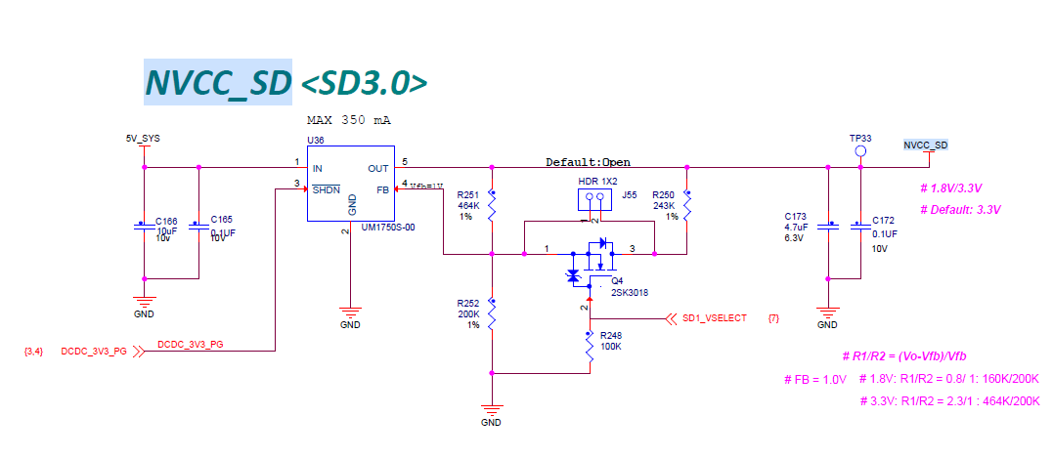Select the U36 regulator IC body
350,185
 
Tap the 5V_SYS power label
143,139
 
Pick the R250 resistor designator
664,195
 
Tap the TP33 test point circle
860,152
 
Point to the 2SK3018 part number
630,292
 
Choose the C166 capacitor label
167,221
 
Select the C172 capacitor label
883,220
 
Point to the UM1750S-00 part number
389,227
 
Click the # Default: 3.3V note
961,210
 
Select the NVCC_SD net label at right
925,146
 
